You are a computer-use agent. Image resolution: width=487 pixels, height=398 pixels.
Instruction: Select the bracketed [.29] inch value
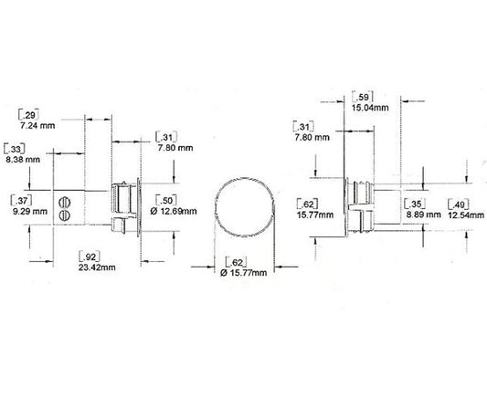coord(30,113)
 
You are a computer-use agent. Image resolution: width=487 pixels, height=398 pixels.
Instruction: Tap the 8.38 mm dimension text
coord(21,158)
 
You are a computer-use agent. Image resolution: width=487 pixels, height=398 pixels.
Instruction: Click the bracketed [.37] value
coord(17,199)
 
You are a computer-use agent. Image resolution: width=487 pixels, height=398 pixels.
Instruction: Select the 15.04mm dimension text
coord(371,107)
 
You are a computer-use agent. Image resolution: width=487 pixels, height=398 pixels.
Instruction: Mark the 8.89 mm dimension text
coord(420,214)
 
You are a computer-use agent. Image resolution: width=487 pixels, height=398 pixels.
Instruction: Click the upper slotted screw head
coord(64,199)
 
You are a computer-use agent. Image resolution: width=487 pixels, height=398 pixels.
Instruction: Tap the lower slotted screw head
coord(64,214)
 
